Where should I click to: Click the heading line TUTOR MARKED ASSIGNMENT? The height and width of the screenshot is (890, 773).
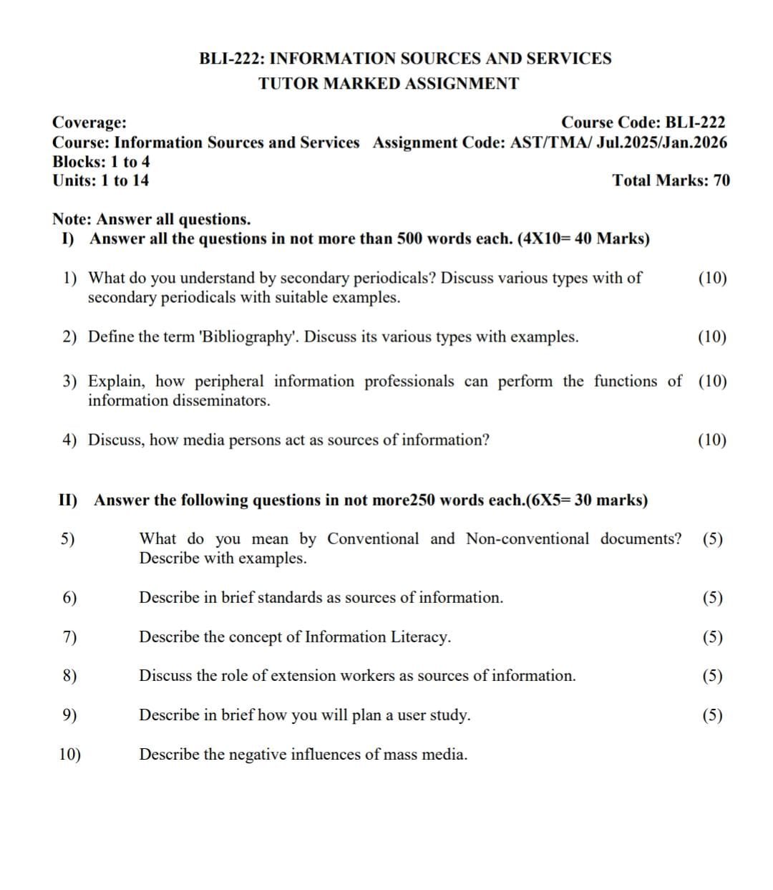(x=389, y=84)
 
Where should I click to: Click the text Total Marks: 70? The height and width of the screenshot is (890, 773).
(x=671, y=180)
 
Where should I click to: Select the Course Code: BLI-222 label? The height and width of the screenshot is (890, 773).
(x=643, y=123)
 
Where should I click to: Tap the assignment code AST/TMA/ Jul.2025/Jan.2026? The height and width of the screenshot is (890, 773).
(x=618, y=142)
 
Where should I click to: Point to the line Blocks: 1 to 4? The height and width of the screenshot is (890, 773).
(x=101, y=162)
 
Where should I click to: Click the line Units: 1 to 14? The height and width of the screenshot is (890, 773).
(x=101, y=180)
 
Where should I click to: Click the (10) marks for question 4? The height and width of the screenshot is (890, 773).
(x=711, y=440)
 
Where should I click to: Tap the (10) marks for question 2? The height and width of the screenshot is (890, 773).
(x=711, y=337)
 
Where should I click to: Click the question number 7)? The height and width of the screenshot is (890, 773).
(x=69, y=637)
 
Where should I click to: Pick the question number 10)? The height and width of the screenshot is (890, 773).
(x=69, y=755)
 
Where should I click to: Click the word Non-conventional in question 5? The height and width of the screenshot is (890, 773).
(x=528, y=539)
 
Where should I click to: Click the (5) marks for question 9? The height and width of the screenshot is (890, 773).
(x=712, y=715)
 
